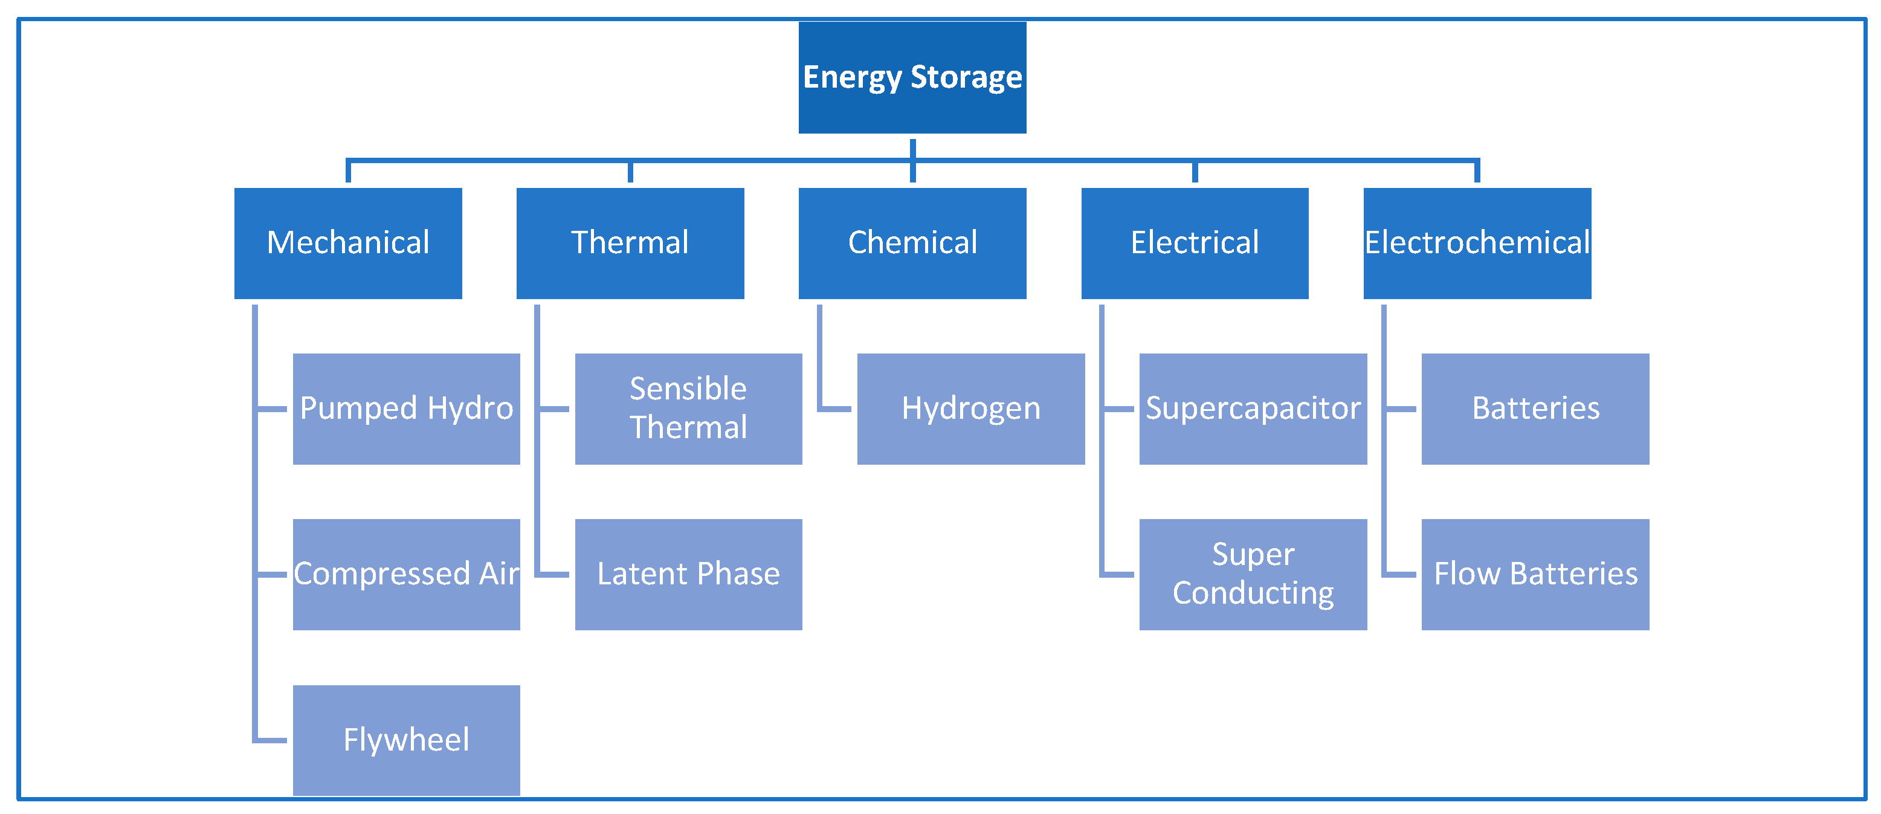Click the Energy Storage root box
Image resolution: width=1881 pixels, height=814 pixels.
[x=912, y=78]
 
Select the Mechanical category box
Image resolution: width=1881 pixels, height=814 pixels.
[x=347, y=243]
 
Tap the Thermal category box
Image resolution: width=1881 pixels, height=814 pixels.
[x=630, y=243]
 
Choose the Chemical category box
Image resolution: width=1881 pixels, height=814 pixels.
[x=912, y=243]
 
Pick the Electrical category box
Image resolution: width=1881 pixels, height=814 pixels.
[x=1194, y=243]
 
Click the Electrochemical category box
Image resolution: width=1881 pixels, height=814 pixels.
[x=1477, y=243]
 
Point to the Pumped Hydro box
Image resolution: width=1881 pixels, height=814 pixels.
[x=406, y=409]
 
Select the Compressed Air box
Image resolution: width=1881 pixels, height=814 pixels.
[x=406, y=575]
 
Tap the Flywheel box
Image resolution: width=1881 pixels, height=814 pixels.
[x=406, y=740]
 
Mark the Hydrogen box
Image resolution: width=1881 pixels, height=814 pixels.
[x=970, y=409]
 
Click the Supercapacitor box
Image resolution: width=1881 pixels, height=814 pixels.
[x=1253, y=409]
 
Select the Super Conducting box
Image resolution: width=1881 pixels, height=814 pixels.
[x=1253, y=575]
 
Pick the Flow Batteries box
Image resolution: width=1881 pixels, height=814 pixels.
[x=1535, y=575]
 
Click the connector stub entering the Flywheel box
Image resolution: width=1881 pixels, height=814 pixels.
[x=272, y=740]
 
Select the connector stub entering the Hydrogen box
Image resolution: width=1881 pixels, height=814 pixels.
[x=836, y=409]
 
